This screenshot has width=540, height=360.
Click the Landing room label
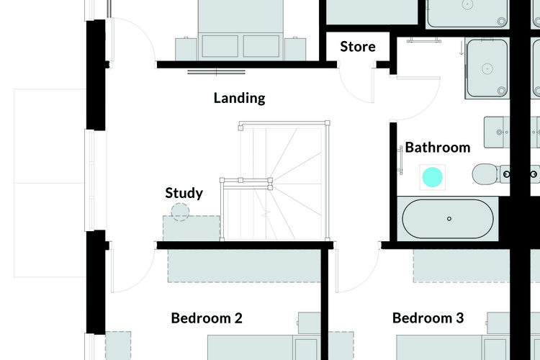239,98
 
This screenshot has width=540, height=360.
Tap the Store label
357,47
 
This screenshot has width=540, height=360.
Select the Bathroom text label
437,148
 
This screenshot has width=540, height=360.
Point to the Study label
184,193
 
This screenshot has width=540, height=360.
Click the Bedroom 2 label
207,318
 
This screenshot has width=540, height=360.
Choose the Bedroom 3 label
428,318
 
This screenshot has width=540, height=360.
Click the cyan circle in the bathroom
432,177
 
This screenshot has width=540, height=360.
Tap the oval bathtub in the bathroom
448,219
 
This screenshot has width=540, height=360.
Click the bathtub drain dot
449,219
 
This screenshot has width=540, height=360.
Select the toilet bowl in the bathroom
485,174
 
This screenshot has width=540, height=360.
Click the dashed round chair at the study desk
180,212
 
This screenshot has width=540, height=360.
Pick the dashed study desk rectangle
192,228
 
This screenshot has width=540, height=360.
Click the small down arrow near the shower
462,48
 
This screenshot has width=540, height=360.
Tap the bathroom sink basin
497,132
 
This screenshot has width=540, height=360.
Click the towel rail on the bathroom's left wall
400,160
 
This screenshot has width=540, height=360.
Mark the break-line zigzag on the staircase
266,215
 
